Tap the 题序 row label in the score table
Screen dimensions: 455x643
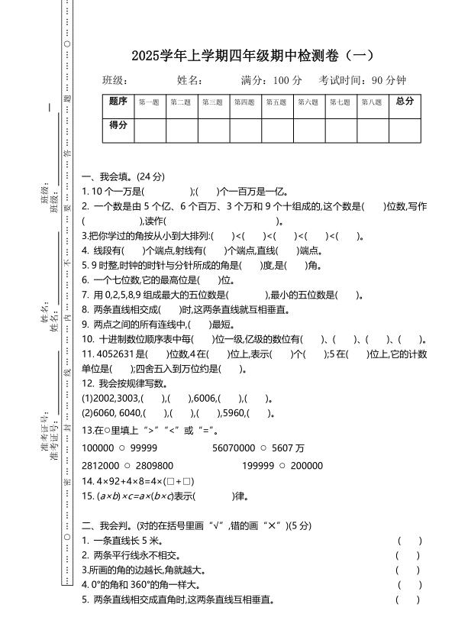118,102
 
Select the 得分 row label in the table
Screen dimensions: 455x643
118,125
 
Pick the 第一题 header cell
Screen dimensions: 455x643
149,102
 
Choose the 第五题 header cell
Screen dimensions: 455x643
276,102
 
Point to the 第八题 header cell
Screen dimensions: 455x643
372,102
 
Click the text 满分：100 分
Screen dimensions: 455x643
272,80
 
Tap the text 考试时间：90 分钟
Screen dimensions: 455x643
363,80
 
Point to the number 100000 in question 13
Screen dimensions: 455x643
97,448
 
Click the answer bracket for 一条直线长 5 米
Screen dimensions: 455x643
410,540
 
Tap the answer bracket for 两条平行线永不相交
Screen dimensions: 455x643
410,555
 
